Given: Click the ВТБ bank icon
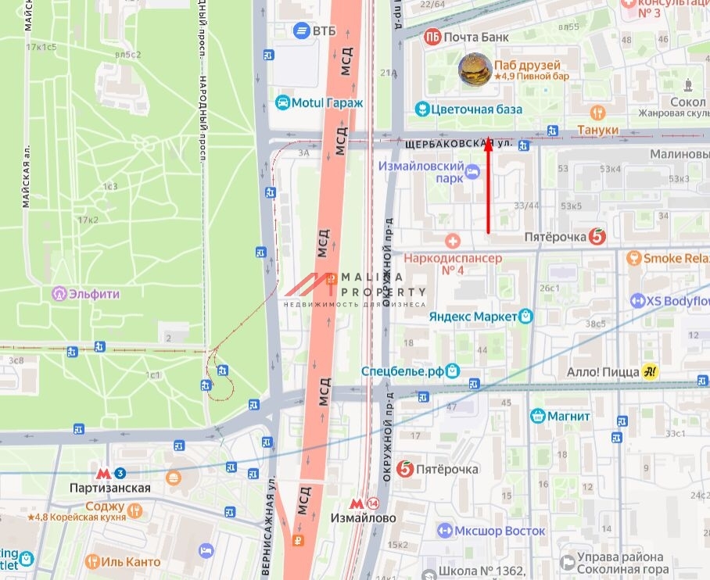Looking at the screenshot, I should pos(300,30).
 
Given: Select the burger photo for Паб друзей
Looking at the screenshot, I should pos(475,69).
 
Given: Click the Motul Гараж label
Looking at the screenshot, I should pos(322,102).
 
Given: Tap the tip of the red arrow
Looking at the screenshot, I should pos(489,139).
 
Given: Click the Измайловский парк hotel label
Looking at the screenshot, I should pos(420,172).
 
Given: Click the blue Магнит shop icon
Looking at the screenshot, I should pos(537,416).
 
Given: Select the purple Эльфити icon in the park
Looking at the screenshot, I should pos(59,294).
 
